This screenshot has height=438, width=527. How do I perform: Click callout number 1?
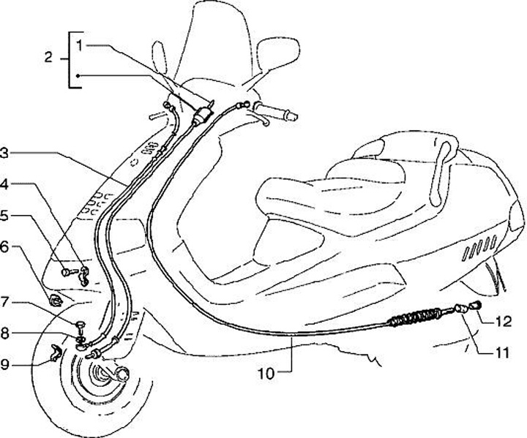pyautogui.click(x=80, y=45)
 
